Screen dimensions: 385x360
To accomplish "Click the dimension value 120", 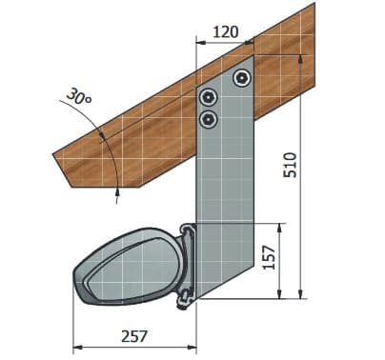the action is coord(225,32).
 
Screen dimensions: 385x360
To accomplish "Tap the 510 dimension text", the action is coord(290,165).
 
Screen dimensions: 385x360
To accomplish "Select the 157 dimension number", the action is coord(270,257).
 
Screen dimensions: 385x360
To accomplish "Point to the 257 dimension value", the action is coord(134,336).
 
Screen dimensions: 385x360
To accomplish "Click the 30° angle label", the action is coord(79,96).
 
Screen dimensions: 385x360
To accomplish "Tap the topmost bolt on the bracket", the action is coord(242,77).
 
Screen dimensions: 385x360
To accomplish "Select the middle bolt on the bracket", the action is coord(208,96).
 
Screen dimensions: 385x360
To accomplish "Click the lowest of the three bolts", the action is coord(208,120).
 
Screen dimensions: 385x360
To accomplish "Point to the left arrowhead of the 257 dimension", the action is coord(78,348).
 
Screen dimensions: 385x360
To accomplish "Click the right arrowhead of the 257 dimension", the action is coord(192,348).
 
